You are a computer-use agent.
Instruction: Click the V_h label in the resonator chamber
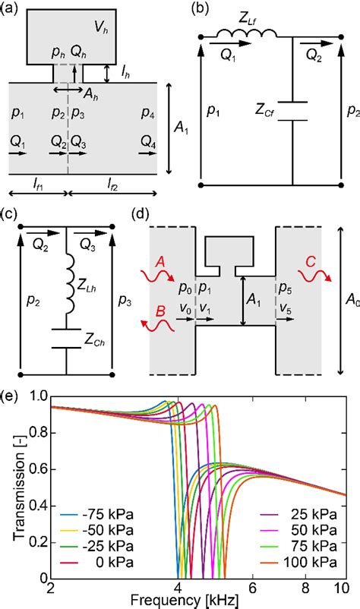102,27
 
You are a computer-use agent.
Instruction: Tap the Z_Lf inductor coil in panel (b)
247,34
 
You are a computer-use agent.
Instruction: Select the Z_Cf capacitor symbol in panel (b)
292,111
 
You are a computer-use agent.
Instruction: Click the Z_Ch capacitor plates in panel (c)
66,338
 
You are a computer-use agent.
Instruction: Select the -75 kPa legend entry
97,515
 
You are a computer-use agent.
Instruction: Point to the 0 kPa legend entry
97,562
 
